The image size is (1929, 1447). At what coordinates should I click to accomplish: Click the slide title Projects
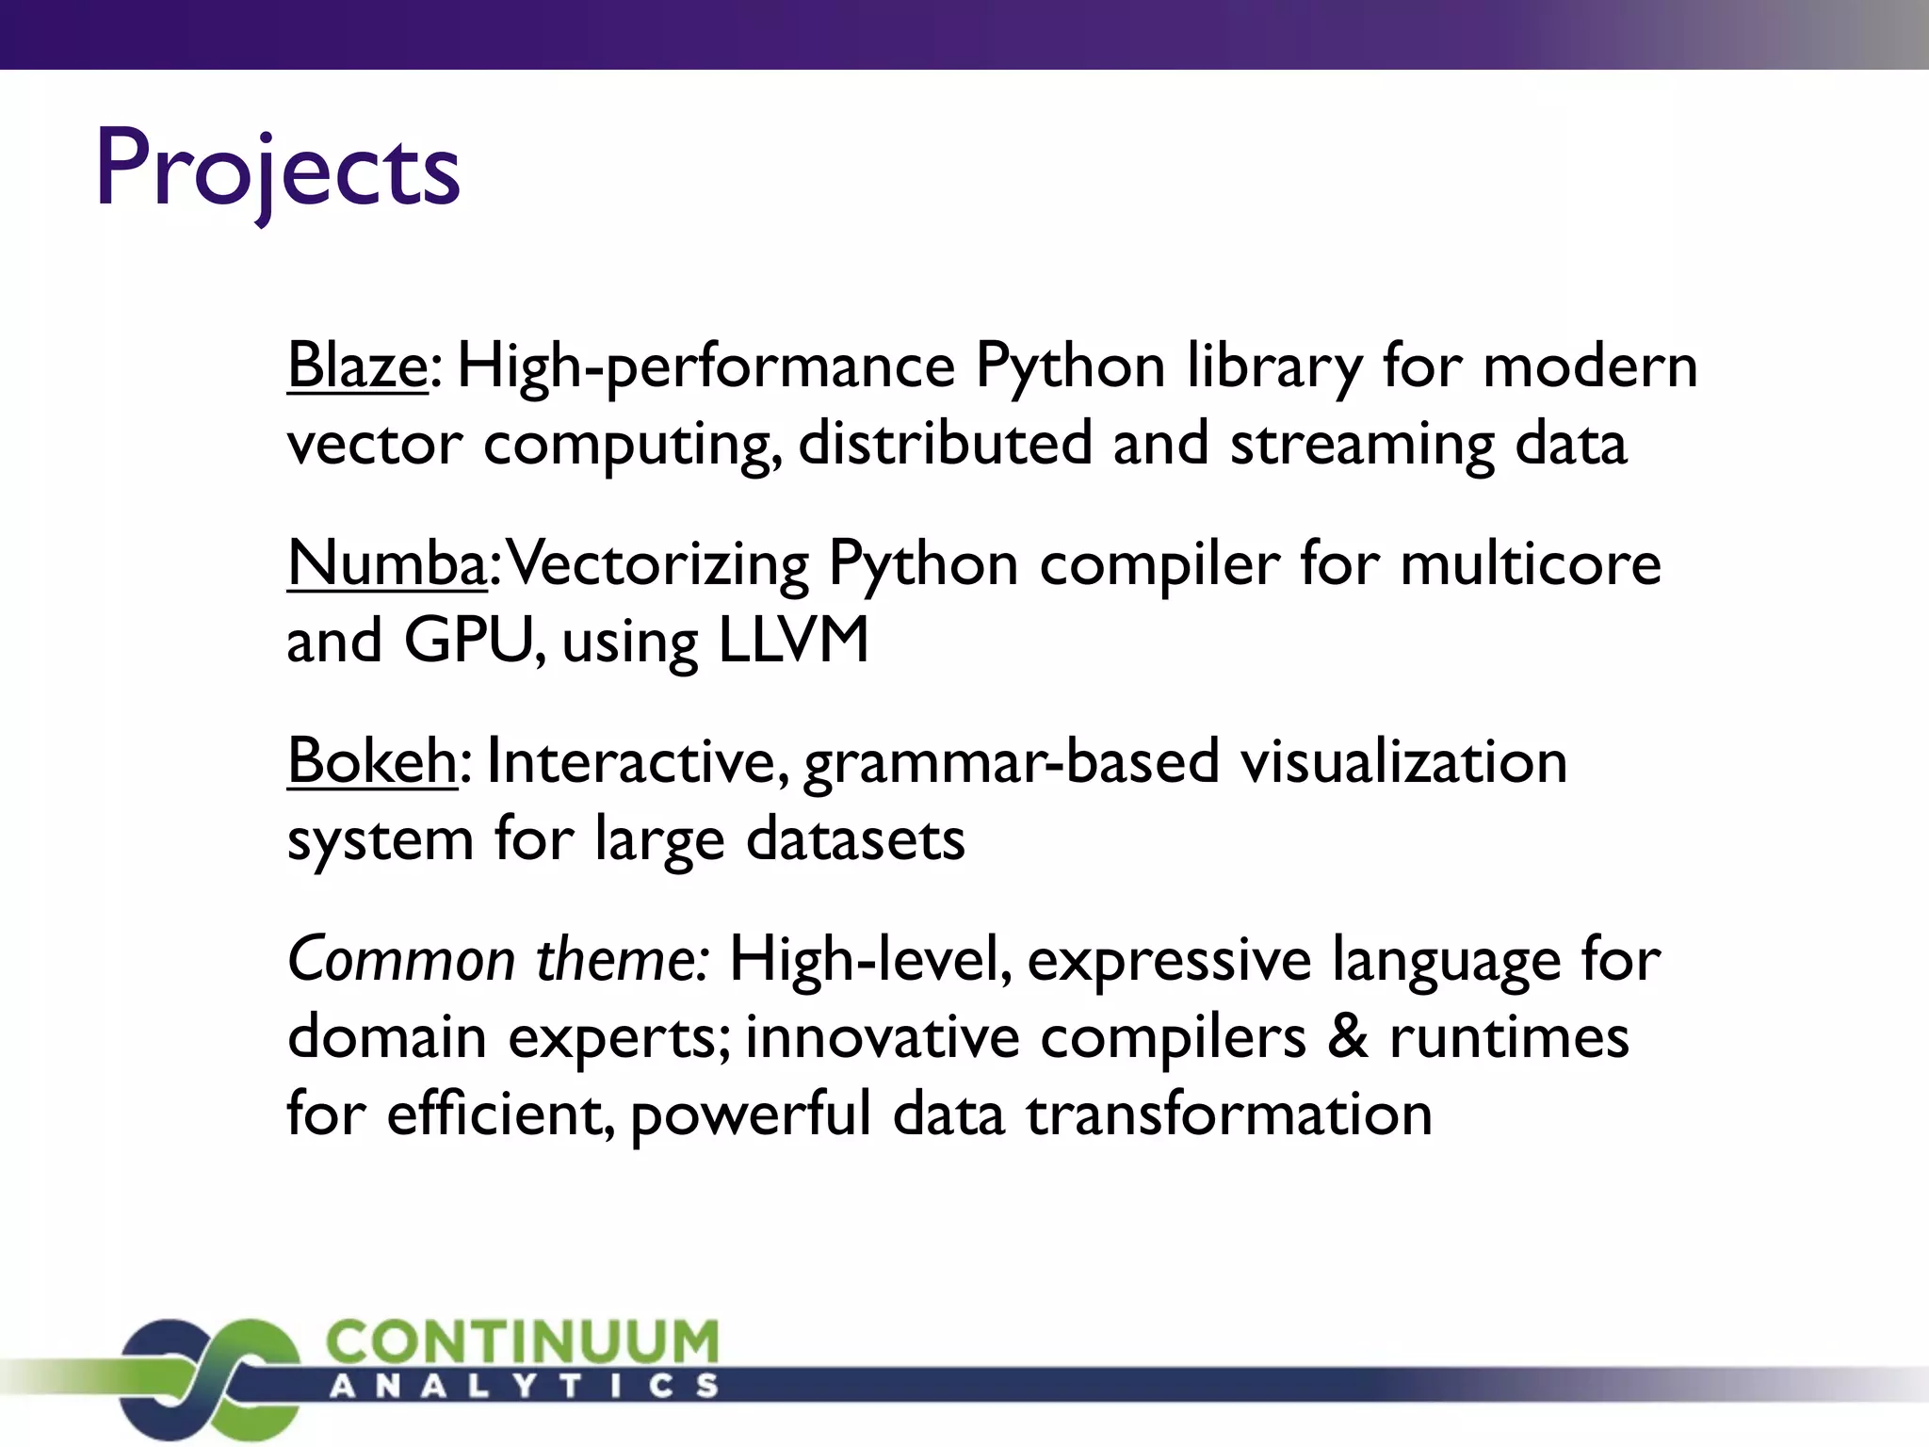pyautogui.click(x=278, y=170)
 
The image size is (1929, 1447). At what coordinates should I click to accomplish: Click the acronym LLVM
pyautogui.click(x=793, y=641)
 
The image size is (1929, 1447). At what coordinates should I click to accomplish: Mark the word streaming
pyautogui.click(x=1362, y=445)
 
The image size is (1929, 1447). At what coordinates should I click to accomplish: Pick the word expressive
pyautogui.click(x=1169, y=962)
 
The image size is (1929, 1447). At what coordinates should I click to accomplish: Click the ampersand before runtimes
pyautogui.click(x=1348, y=1037)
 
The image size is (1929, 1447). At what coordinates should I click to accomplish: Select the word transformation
pyautogui.click(x=1229, y=1114)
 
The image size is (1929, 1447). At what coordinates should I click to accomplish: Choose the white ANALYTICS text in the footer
pyautogui.click(x=524, y=1386)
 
